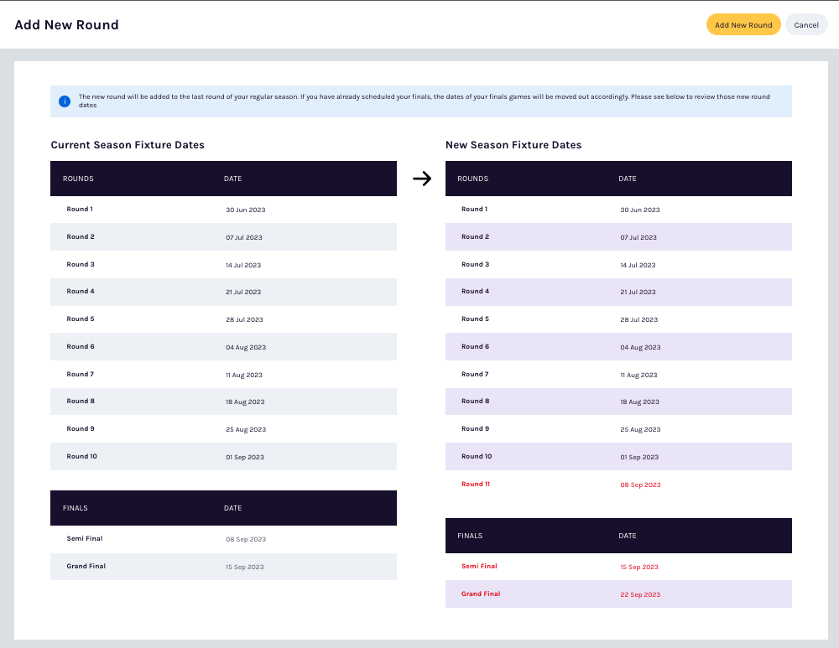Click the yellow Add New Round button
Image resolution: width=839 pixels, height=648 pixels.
[743, 25]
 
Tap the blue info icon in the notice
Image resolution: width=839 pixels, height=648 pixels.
[65, 101]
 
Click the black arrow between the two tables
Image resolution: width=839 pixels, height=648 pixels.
[422, 179]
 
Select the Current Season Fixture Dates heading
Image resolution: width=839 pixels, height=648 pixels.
[128, 145]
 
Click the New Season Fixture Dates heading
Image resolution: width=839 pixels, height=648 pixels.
[513, 145]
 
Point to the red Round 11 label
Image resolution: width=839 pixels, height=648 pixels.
[475, 484]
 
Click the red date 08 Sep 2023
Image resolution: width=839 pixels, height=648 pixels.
[640, 485]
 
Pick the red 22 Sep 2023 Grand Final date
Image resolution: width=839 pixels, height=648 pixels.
[640, 594]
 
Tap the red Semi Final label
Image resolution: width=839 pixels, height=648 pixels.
[479, 566]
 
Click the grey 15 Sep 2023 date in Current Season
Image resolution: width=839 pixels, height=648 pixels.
[245, 567]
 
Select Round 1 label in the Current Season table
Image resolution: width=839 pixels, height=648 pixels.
[80, 209]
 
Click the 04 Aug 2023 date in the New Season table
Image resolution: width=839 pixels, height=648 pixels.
[640, 347]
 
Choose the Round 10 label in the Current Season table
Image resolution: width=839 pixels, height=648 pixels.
[82, 456]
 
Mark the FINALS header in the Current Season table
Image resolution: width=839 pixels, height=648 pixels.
[76, 508]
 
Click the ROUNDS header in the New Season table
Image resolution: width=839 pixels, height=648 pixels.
[473, 179]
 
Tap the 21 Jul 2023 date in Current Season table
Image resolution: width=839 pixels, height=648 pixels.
[243, 292]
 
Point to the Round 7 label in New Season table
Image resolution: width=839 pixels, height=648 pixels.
[475, 374]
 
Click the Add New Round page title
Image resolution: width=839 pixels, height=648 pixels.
[67, 25]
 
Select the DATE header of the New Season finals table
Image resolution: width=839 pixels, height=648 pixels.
[628, 536]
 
